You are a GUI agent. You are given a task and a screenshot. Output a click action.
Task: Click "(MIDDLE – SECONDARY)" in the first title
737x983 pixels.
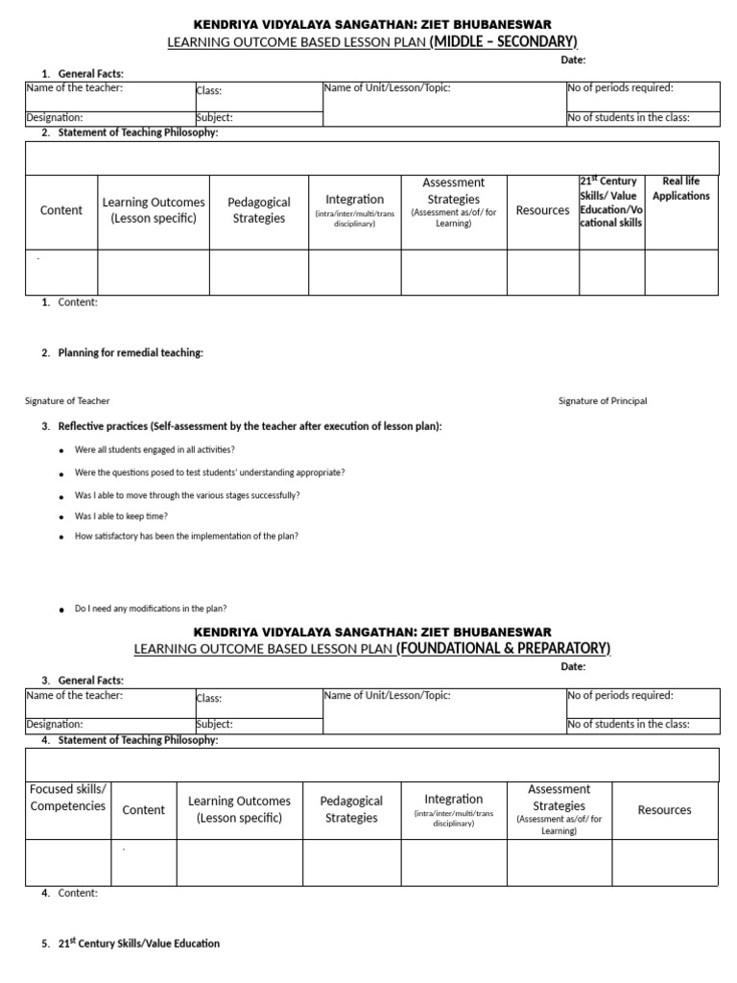coord(503,40)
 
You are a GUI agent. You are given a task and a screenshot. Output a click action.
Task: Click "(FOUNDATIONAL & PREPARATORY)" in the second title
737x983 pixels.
coord(503,648)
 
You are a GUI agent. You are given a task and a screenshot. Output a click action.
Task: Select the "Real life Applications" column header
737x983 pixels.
coord(680,188)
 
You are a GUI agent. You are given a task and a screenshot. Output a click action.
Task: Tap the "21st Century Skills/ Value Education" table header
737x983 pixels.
coord(611,202)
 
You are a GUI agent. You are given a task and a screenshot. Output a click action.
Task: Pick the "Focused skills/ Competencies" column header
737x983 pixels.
coord(68,798)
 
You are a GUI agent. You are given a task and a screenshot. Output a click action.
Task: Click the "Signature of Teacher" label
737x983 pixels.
coord(67,400)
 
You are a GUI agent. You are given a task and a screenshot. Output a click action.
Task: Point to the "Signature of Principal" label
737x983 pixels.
coord(603,400)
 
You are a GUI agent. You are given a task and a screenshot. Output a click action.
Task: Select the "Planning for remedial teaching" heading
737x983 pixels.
coord(131,352)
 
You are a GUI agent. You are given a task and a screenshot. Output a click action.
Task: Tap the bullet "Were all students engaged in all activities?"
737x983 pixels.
coord(155,449)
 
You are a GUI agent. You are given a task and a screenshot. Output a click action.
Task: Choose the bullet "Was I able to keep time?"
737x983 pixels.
coord(121,515)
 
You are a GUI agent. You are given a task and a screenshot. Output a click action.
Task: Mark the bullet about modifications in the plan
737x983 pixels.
coord(150,609)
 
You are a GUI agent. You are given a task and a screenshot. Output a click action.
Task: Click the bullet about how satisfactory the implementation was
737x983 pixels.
coord(186,537)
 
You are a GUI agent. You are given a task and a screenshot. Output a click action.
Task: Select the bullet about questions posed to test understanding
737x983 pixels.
coord(209,472)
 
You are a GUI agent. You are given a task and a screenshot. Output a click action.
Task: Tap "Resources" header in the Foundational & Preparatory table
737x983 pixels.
coord(664,809)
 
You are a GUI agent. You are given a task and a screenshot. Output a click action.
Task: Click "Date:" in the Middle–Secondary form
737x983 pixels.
coord(573,60)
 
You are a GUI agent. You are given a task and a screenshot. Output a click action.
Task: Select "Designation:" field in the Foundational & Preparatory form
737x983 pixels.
coord(55,725)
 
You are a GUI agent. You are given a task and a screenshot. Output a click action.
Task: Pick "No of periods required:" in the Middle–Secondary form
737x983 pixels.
coord(620,88)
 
